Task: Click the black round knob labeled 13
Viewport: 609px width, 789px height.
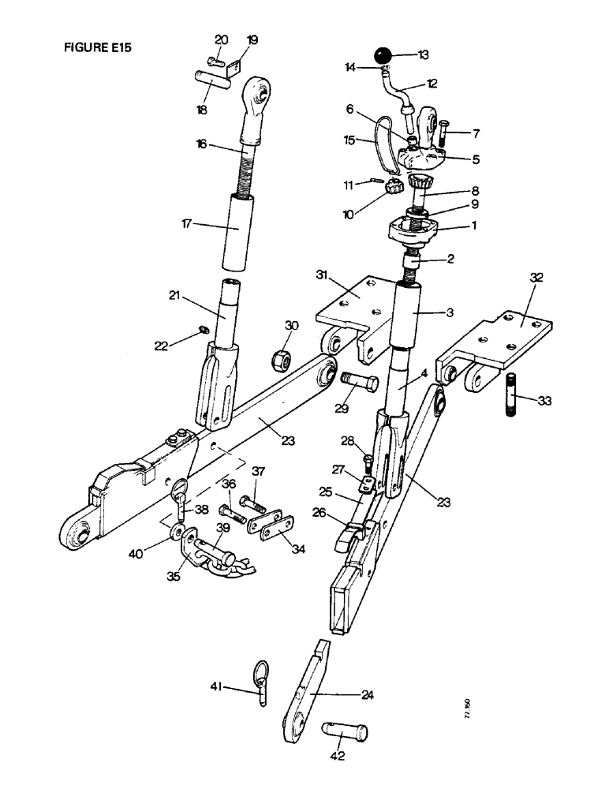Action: [383, 57]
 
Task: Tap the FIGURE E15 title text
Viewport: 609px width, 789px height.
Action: [97, 47]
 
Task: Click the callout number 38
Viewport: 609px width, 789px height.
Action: [203, 510]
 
